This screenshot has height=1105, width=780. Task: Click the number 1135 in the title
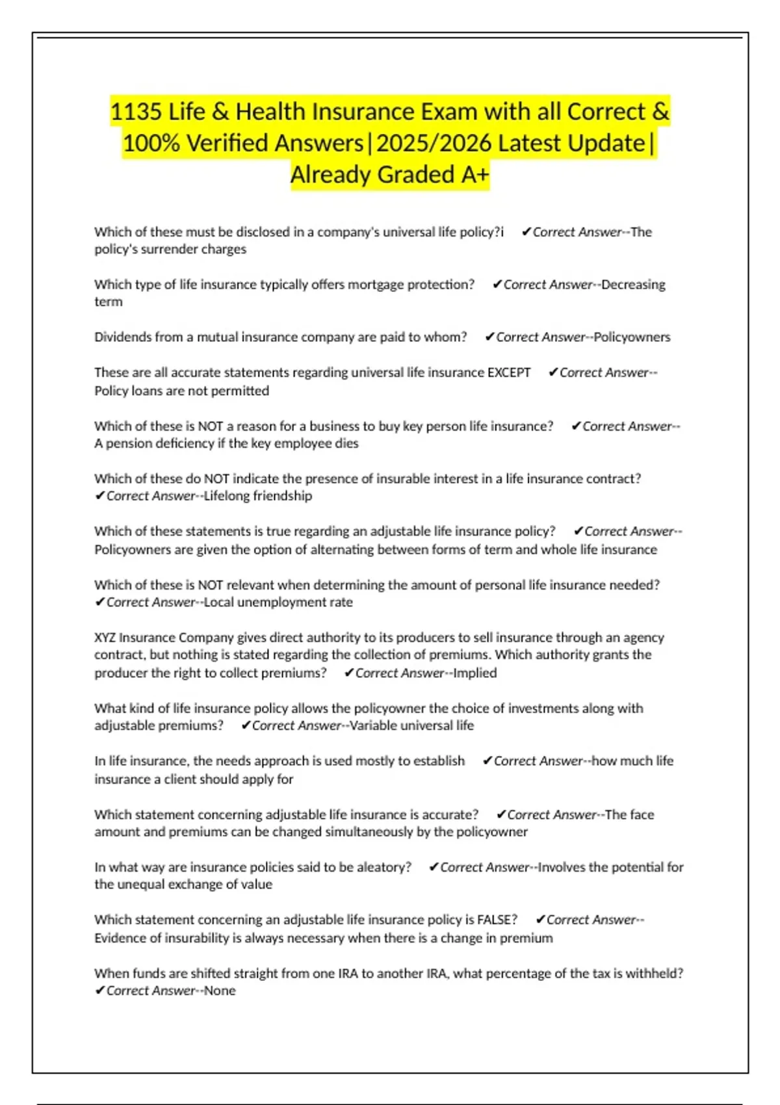[135, 112]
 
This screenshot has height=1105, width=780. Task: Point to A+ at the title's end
[473, 175]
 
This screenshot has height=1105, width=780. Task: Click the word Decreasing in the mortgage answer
[633, 284]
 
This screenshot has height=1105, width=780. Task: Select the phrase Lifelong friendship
[258, 496]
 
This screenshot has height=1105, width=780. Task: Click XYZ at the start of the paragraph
[105, 638]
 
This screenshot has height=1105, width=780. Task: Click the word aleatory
[383, 867]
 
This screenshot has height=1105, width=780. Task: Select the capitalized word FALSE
[497, 920]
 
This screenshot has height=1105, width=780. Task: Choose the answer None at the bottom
[220, 991]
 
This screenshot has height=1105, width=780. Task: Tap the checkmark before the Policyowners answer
[490, 337]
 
